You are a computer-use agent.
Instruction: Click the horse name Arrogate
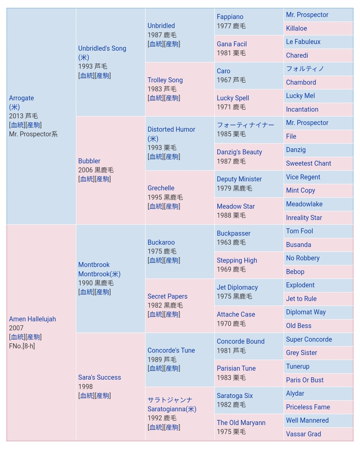pyautogui.click(x=21, y=98)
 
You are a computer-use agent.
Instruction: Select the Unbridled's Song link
pyautogui.click(x=102, y=48)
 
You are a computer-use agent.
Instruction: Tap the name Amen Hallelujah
pyautogui.click(x=32, y=319)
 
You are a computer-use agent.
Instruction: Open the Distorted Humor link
pyautogui.click(x=171, y=129)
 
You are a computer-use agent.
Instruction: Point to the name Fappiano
pyautogui.click(x=230, y=17)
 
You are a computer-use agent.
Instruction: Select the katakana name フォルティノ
pyautogui.click(x=305, y=69)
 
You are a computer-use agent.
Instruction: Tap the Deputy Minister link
pyautogui.click(x=239, y=179)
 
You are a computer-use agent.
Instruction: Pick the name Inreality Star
pyautogui.click(x=304, y=218)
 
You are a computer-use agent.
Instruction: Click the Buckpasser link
pyautogui.click(x=233, y=233)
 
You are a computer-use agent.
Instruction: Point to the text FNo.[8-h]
pyautogui.click(x=22, y=346)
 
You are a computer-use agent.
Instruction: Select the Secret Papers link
pyautogui.click(x=167, y=296)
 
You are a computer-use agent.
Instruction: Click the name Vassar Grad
pyautogui.click(x=303, y=434)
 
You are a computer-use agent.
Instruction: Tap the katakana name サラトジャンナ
pyautogui.click(x=170, y=400)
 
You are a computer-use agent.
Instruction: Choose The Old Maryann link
pyautogui.click(x=241, y=423)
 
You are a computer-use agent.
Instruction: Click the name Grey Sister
pyautogui.click(x=301, y=353)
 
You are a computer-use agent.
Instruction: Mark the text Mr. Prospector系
pyautogui.click(x=33, y=134)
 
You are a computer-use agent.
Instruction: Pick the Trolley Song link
pyautogui.click(x=165, y=80)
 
